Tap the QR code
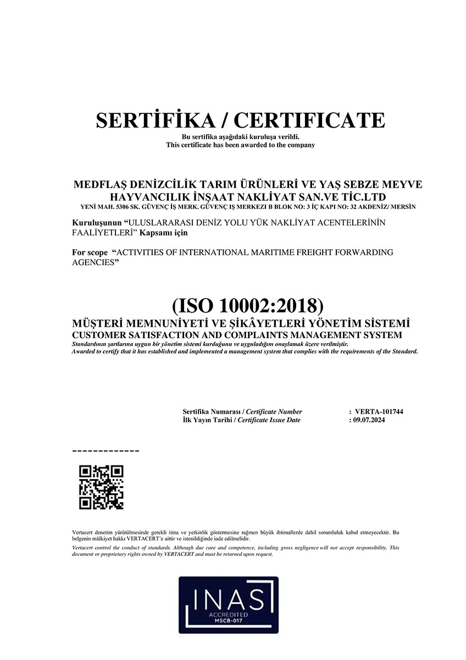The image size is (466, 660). pyautogui.click(x=102, y=487)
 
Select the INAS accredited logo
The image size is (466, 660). pyautogui.click(x=228, y=604)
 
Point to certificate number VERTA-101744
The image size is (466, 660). pyautogui.click(x=379, y=411)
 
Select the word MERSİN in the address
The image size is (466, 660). pyautogui.click(x=403, y=207)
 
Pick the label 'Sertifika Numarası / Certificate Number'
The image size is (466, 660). pyautogui.click(x=242, y=411)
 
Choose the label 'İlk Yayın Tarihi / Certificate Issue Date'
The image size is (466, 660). pyautogui.click(x=241, y=420)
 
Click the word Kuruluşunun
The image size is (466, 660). pyautogui.click(x=97, y=223)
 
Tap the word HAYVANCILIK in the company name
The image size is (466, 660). pyautogui.click(x=138, y=196)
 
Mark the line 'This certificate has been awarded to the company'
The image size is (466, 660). pyautogui.click(x=240, y=145)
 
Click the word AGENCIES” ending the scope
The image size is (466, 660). pyautogui.click(x=96, y=262)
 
